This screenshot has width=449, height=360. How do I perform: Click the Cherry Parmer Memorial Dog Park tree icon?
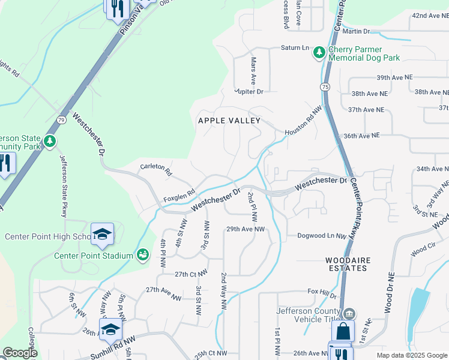(319, 53)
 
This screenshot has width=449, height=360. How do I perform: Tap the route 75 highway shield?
(325, 87)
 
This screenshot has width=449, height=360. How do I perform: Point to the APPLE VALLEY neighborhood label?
(229, 121)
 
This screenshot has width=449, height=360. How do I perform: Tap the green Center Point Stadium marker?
(142, 256)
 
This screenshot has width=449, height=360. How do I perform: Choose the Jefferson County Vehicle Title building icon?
(349, 314)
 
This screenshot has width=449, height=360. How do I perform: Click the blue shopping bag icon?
(343, 331)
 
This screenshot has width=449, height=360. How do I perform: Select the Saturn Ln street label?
(295, 48)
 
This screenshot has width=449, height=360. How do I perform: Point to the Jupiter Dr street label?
(249, 92)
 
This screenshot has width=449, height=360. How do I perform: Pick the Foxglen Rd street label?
(179, 196)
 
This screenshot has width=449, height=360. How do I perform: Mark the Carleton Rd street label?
(155, 170)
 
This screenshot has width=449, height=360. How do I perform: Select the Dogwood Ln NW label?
(322, 236)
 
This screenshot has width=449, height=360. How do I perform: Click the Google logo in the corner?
(19, 353)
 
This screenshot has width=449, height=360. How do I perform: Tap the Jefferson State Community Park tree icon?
(50, 141)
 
